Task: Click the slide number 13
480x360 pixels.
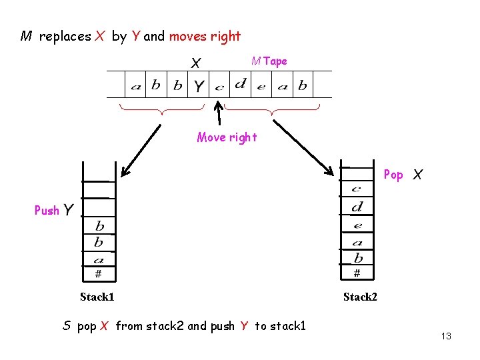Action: point(446,336)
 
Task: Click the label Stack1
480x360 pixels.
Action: point(97,297)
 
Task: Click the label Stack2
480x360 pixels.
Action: point(360,297)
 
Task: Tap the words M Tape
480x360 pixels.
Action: point(269,61)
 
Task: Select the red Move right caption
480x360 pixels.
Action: point(227,137)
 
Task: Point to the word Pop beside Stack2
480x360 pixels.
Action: point(393,175)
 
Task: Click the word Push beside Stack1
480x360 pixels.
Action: point(47,211)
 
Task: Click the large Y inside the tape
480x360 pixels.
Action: point(199,86)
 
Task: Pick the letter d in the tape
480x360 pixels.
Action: point(240,84)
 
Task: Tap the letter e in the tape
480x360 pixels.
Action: point(261,87)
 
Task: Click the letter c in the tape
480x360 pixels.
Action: point(219,87)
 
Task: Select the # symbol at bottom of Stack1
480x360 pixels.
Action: point(98,273)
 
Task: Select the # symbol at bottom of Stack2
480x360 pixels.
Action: point(357,273)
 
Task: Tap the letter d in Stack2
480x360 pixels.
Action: point(357,207)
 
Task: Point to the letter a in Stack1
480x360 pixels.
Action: point(99,259)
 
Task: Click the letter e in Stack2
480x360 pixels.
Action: point(357,225)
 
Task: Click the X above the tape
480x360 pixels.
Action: point(196,63)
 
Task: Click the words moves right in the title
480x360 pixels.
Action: point(205,37)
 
